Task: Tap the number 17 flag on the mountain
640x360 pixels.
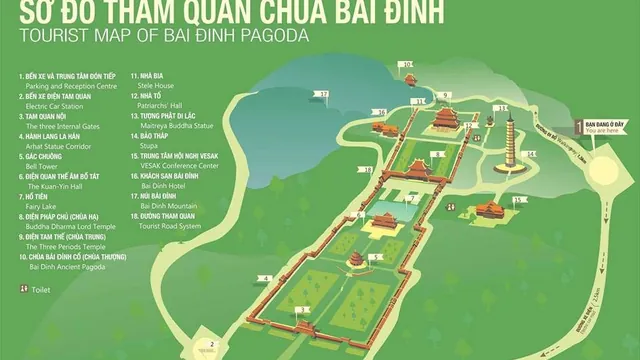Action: (322, 94)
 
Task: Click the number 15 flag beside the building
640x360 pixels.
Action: (520, 199)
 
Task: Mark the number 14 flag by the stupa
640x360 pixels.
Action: (532, 154)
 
